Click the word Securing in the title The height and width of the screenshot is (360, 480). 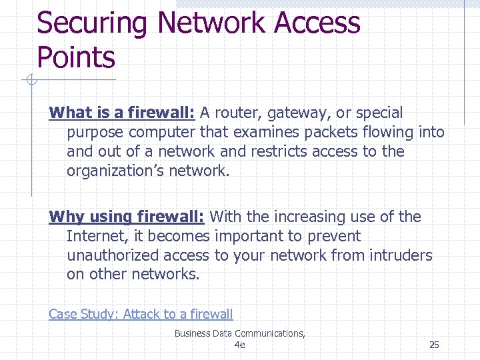pos(91,24)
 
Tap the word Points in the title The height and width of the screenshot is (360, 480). pos(76,58)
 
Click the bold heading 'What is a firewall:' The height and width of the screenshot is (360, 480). pos(121,113)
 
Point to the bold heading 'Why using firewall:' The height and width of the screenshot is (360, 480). pos(127,217)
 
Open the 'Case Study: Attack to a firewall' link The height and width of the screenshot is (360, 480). pos(141,314)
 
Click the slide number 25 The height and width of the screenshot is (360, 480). pos(434,345)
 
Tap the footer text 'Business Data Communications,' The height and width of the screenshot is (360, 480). pos(239,333)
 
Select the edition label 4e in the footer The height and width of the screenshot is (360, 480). pos(239,345)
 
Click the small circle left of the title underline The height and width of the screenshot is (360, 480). pos(30,81)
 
